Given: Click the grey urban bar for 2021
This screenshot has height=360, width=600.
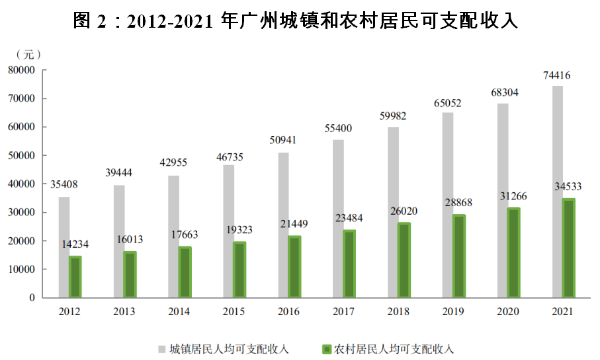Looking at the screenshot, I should pyautogui.click(x=557, y=191).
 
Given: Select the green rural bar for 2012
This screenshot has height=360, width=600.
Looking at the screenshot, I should pyautogui.click(x=75, y=277).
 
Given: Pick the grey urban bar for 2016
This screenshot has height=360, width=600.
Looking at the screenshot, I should pyautogui.click(x=283, y=225).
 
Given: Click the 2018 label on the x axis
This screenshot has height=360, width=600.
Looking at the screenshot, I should pyautogui.click(x=399, y=313).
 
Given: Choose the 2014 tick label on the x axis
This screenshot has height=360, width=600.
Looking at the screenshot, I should pyautogui.click(x=180, y=313).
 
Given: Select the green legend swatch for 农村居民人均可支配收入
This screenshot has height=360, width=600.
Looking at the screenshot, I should pyautogui.click(x=325, y=348).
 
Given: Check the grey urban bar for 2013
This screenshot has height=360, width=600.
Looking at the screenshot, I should pyautogui.click(x=119, y=241).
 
